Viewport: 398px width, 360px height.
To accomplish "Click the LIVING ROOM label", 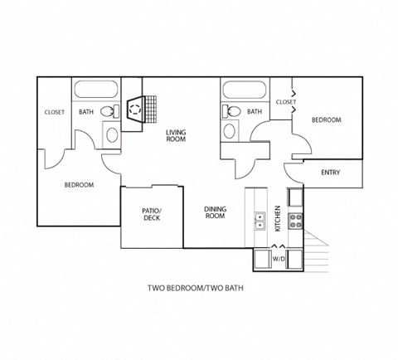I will coord(175,136).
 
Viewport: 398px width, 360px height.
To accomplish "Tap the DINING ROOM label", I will coord(215,213).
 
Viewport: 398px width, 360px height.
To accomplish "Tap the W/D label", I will coord(279,259).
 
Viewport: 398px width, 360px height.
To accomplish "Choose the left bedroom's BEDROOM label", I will coord(79,185).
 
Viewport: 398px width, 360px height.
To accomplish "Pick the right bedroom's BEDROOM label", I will coord(326,120).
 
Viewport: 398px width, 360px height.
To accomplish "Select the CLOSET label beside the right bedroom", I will coord(285,102).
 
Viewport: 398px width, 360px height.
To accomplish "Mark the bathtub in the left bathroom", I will coord(96,90).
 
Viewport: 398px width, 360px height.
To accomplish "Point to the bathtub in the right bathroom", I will coord(245,90).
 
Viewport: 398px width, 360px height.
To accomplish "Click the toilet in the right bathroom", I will coord(233,111).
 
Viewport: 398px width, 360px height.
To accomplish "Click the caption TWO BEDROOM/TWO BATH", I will coord(199,289).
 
